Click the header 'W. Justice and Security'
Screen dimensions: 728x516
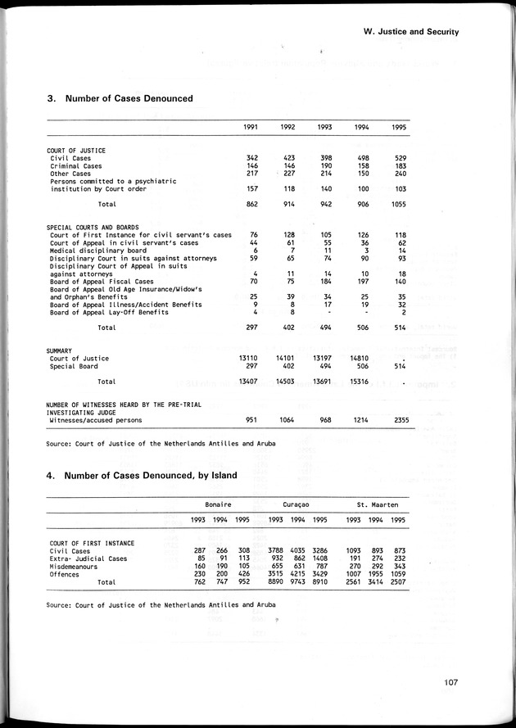point(410,32)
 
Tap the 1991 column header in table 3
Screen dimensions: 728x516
point(252,127)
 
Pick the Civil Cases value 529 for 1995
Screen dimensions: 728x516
point(399,157)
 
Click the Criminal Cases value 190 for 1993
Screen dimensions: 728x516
point(325,165)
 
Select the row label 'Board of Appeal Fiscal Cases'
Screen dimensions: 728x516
point(101,281)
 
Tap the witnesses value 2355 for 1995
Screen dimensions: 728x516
point(397,420)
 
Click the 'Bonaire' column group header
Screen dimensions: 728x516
point(217,506)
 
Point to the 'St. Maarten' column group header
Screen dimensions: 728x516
point(375,506)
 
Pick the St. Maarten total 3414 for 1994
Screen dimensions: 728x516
point(375,583)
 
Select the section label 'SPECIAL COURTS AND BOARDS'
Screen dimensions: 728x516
point(93,227)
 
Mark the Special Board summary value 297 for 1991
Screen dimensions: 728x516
point(252,366)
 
